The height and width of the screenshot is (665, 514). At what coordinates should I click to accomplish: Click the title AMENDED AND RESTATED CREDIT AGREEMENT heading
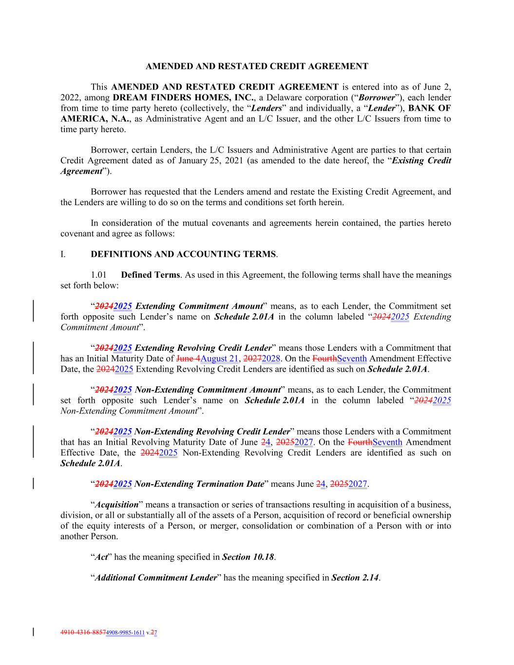click(257, 66)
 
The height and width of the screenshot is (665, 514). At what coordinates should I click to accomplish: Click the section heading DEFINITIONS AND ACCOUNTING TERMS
click(183, 254)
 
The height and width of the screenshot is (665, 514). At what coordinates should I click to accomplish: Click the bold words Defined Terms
click(151, 275)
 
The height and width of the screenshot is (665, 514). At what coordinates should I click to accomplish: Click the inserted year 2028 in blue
click(271, 359)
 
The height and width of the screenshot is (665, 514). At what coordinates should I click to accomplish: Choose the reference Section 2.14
click(355, 578)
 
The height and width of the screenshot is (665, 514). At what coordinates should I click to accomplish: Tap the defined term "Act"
click(101, 557)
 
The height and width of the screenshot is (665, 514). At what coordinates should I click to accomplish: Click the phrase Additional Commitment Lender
click(155, 578)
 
